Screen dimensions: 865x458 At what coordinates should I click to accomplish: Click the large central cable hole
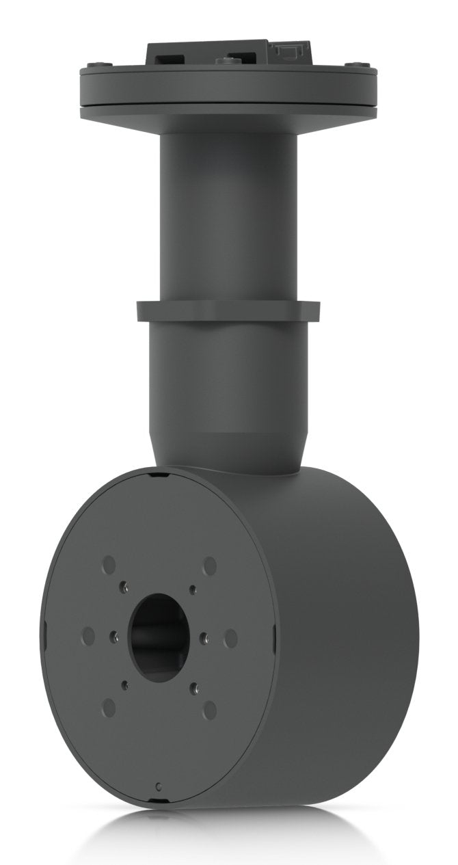(158, 637)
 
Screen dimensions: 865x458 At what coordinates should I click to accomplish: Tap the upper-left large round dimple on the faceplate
(109, 565)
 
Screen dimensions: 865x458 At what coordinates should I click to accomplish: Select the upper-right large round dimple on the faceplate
(210, 565)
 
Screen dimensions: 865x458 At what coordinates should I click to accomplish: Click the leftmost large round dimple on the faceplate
(87, 636)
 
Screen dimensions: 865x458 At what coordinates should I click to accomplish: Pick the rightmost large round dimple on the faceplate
(231, 638)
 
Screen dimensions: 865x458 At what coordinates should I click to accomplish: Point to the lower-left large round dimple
(109, 708)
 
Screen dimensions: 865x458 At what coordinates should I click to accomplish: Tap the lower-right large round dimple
(210, 710)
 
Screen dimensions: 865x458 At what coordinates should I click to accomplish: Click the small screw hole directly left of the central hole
(113, 637)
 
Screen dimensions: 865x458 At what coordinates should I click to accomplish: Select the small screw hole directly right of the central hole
(204, 638)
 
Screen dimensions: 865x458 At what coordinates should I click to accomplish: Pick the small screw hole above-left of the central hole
(124, 585)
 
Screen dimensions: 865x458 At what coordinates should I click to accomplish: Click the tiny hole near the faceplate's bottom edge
(159, 786)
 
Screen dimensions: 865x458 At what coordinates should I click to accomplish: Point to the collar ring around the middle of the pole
(228, 311)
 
